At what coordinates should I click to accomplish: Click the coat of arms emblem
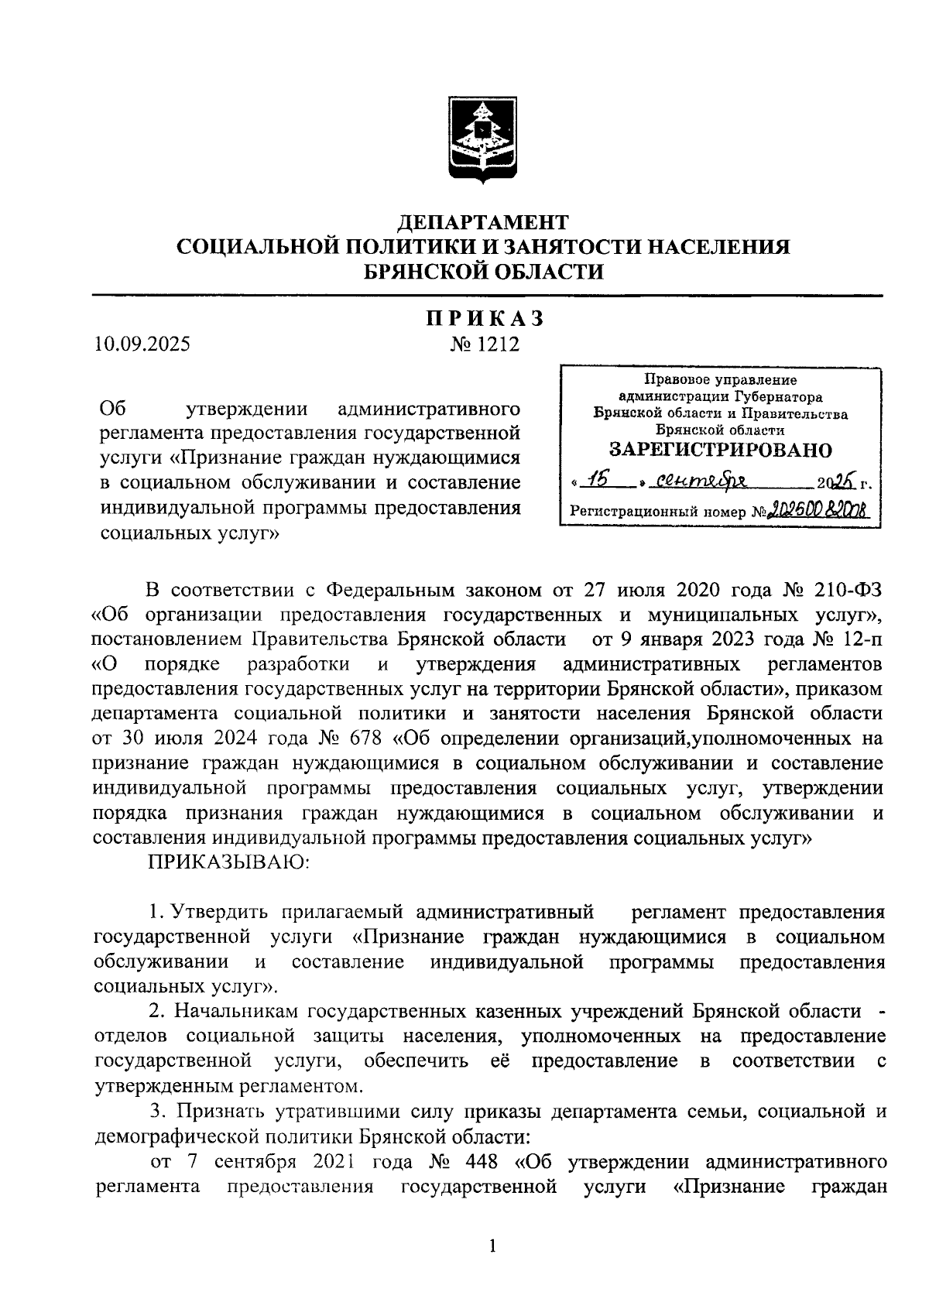(482, 139)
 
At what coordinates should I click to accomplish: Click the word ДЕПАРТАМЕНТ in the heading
(482, 223)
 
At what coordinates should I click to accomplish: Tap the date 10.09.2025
(141, 343)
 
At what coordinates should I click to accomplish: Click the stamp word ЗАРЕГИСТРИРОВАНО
(720, 450)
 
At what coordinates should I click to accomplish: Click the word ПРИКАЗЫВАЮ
(229, 862)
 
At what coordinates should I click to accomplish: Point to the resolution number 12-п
(858, 639)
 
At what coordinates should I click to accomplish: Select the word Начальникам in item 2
(236, 1011)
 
